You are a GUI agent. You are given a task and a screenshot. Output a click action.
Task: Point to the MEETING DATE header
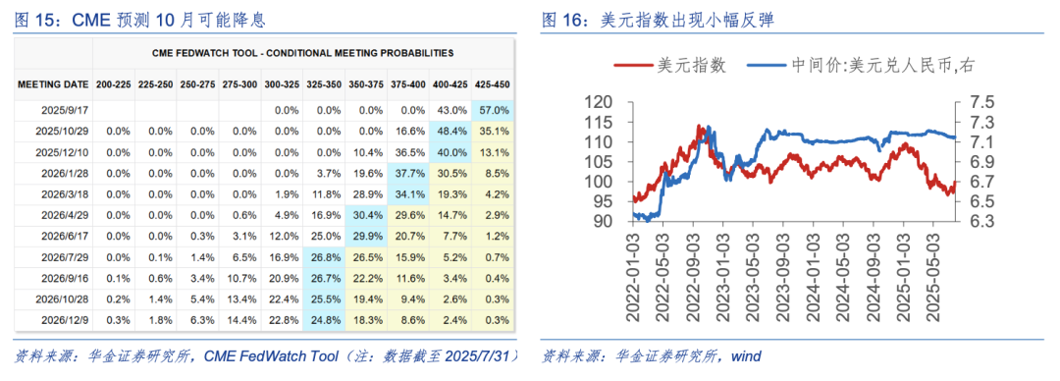click(54, 85)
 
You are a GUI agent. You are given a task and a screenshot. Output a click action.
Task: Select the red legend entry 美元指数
click(670, 65)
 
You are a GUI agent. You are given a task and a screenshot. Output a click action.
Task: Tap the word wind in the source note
click(742, 355)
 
